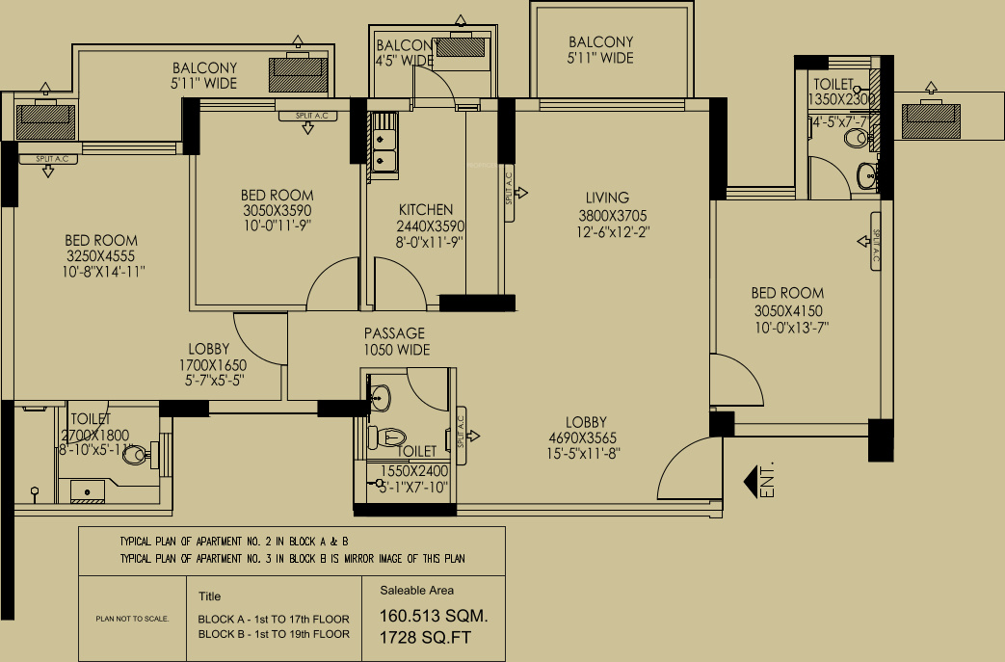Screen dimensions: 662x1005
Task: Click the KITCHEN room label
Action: tap(426, 210)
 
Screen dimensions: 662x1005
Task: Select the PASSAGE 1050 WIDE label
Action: tap(395, 333)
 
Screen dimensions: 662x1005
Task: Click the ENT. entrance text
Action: tap(768, 482)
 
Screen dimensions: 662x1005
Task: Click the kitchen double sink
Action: tap(385, 145)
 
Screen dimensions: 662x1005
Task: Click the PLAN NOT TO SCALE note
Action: tap(132, 618)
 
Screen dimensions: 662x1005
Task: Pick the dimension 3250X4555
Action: tap(101, 256)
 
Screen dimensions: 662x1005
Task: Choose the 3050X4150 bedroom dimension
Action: tap(789, 310)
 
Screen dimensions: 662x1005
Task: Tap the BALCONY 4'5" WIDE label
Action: tap(404, 53)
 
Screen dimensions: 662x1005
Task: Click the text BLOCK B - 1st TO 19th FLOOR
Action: tap(274, 634)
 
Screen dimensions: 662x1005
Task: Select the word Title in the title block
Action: tap(209, 596)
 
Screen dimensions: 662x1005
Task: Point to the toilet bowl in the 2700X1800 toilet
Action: tap(136, 452)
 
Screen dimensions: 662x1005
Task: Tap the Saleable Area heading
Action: tap(417, 591)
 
